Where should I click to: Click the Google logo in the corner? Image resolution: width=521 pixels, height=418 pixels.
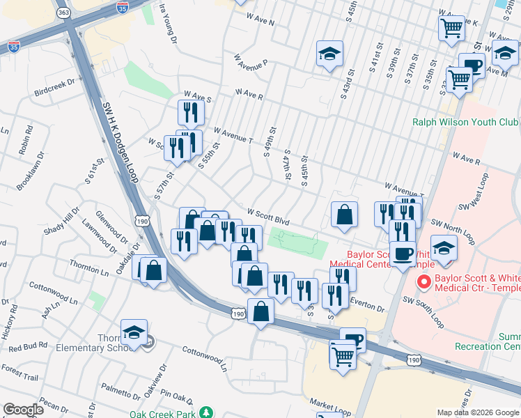[x=23, y=410]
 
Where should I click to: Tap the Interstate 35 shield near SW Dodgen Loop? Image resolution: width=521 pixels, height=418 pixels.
[x=13, y=47]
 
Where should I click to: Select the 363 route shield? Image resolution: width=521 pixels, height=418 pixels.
[x=63, y=13]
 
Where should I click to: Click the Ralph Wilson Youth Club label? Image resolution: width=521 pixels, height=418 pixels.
[x=466, y=121]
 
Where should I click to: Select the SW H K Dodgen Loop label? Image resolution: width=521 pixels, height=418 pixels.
[x=120, y=143]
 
